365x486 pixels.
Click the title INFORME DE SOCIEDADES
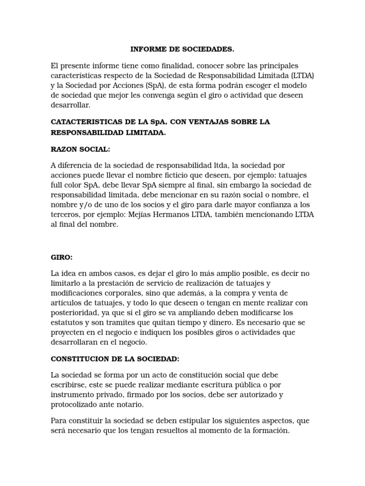[x=182, y=49]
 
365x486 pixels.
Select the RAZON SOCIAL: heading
[x=80, y=149]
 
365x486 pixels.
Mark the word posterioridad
[x=76, y=313]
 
